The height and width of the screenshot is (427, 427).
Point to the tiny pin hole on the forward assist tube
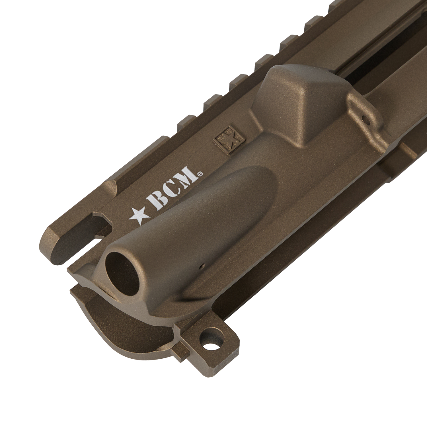point(202,267)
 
